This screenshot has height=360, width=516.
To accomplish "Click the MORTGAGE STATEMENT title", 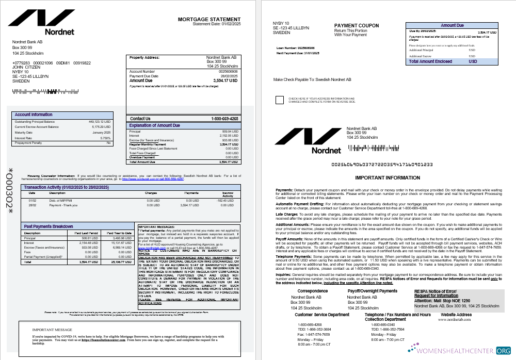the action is (x=209, y=19).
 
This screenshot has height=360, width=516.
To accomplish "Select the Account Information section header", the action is (x=34, y=114).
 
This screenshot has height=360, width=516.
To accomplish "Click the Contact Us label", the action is (x=140, y=119).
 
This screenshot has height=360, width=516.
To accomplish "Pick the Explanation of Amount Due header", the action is (x=154, y=125).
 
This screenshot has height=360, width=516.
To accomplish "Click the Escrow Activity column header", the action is (x=228, y=194).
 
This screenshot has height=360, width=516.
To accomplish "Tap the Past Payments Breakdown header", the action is (x=49, y=226).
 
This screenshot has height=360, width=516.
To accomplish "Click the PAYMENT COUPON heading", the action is (x=356, y=26).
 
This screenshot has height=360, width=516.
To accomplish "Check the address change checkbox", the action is (x=280, y=100).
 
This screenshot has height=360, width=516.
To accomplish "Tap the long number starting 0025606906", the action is (x=381, y=165).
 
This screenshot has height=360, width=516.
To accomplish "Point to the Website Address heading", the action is (x=456, y=315).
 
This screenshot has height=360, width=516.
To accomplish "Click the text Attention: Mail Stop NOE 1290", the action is (x=442, y=300).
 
